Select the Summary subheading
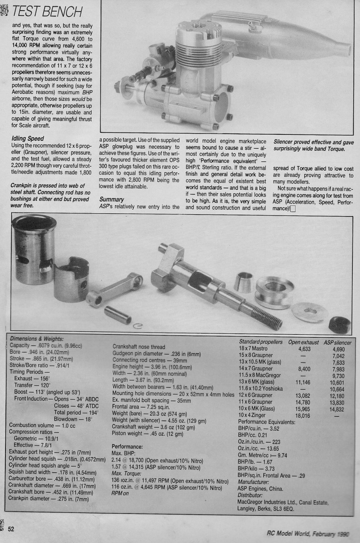pyautogui.click(x=112, y=199)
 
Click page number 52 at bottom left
pyautogui.click(x=11, y=529)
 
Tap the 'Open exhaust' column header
pyautogui.click(x=303, y=342)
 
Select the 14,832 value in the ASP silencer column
pyautogui.click(x=337, y=409)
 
